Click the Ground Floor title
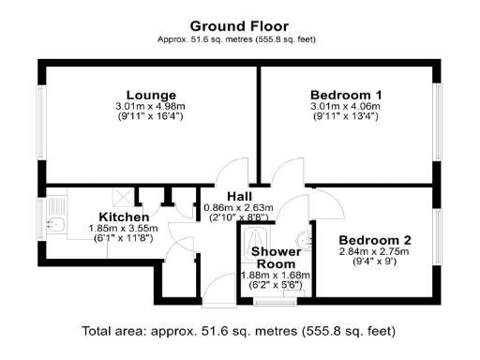[x=239, y=26]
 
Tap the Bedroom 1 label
[x=346, y=95]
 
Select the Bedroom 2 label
[x=375, y=240]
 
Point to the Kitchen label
[x=125, y=217]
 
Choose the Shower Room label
[x=276, y=258]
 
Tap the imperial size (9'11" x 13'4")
[x=346, y=116]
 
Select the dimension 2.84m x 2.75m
[x=375, y=251]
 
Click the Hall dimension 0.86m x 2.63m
[x=237, y=207]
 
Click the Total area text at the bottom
[x=239, y=330]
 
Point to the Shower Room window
[x=273, y=302]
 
